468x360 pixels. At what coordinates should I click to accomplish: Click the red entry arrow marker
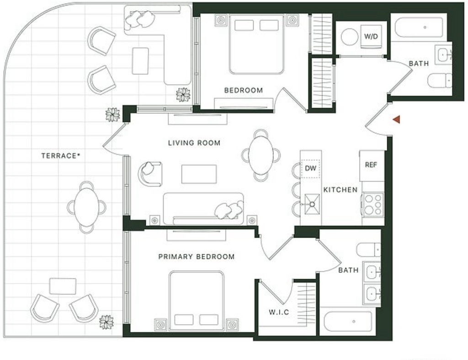pyautogui.click(x=397, y=119)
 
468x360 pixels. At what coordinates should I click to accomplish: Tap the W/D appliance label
pyautogui.click(x=371, y=37)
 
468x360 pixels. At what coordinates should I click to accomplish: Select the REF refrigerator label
pyautogui.click(x=371, y=165)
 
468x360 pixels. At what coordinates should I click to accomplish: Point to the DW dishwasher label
pyautogui.click(x=310, y=168)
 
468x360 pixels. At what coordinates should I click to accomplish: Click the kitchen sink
pyautogui.click(x=312, y=204)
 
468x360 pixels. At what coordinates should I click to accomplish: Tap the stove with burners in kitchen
pyautogui.click(x=373, y=204)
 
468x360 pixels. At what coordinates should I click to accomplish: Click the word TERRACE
pyautogui.click(x=59, y=156)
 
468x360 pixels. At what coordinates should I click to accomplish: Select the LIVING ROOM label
pyautogui.click(x=194, y=143)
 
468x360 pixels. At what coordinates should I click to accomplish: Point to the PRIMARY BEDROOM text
pyautogui.click(x=197, y=257)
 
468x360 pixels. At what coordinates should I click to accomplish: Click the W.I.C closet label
pyautogui.click(x=279, y=312)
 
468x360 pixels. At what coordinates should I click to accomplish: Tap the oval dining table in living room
pyautogui.click(x=261, y=156)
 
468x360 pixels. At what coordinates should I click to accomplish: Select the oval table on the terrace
pyautogui.click(x=86, y=207)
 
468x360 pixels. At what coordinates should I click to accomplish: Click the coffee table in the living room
pyautogui.click(x=199, y=174)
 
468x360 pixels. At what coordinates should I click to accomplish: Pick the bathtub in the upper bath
pyautogui.click(x=419, y=27)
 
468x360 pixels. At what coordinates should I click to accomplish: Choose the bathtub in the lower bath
pyautogui.click(x=348, y=322)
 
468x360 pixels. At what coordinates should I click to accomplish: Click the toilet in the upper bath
pyautogui.click(x=440, y=81)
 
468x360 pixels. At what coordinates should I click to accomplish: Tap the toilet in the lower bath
pyautogui.click(x=369, y=250)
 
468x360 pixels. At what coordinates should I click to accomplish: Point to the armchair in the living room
pyautogui.click(x=150, y=174)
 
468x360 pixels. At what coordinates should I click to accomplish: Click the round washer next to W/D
pyautogui.click(x=350, y=37)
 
